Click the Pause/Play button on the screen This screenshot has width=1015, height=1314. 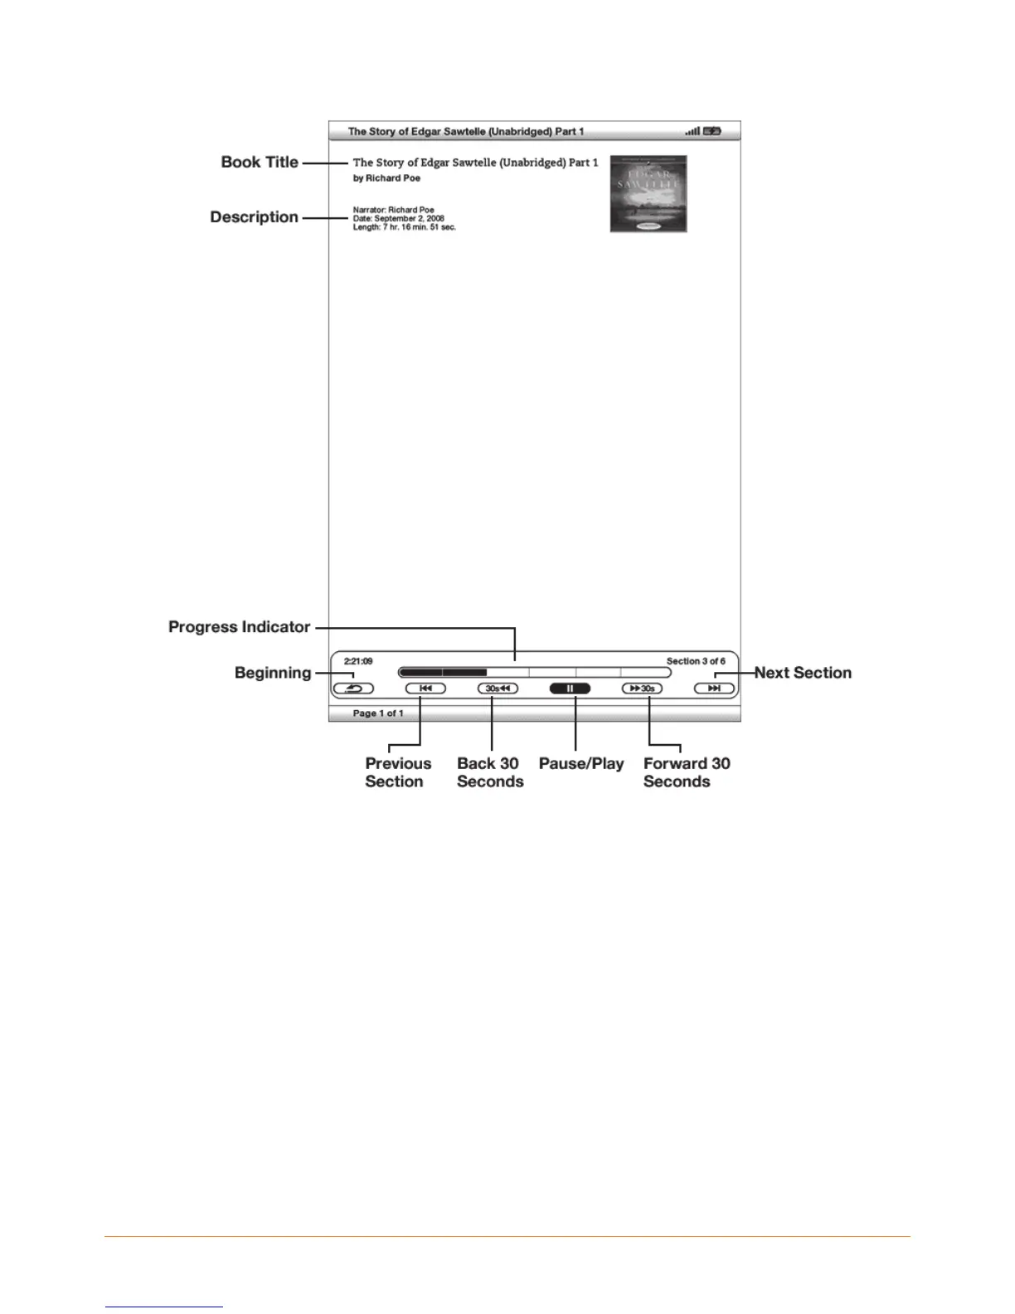click(x=570, y=689)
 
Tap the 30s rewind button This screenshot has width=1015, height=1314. click(x=498, y=689)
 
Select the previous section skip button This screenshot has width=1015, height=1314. click(x=425, y=689)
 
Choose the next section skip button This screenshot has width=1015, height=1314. click(x=714, y=689)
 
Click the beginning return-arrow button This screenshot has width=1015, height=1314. click(x=353, y=689)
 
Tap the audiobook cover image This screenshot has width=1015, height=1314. click(x=648, y=194)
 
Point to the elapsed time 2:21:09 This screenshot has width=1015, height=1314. click(x=358, y=661)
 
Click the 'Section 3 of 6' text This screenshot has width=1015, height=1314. click(x=696, y=661)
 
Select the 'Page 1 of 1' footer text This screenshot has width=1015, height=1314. click(x=378, y=713)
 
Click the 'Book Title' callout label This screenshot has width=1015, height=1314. click(x=260, y=163)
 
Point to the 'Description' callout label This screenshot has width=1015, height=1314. click(x=254, y=217)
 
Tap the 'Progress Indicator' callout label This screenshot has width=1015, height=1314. click(x=239, y=627)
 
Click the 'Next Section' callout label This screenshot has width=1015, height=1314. click(x=803, y=673)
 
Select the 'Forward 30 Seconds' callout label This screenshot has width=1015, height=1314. click(x=686, y=772)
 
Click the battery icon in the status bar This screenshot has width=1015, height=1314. click(x=712, y=131)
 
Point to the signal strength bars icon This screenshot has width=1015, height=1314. click(x=692, y=131)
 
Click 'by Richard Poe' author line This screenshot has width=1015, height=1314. click(x=386, y=178)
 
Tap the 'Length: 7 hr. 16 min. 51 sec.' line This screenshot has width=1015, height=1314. click(x=405, y=227)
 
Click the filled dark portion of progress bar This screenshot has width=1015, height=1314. click(x=442, y=673)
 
